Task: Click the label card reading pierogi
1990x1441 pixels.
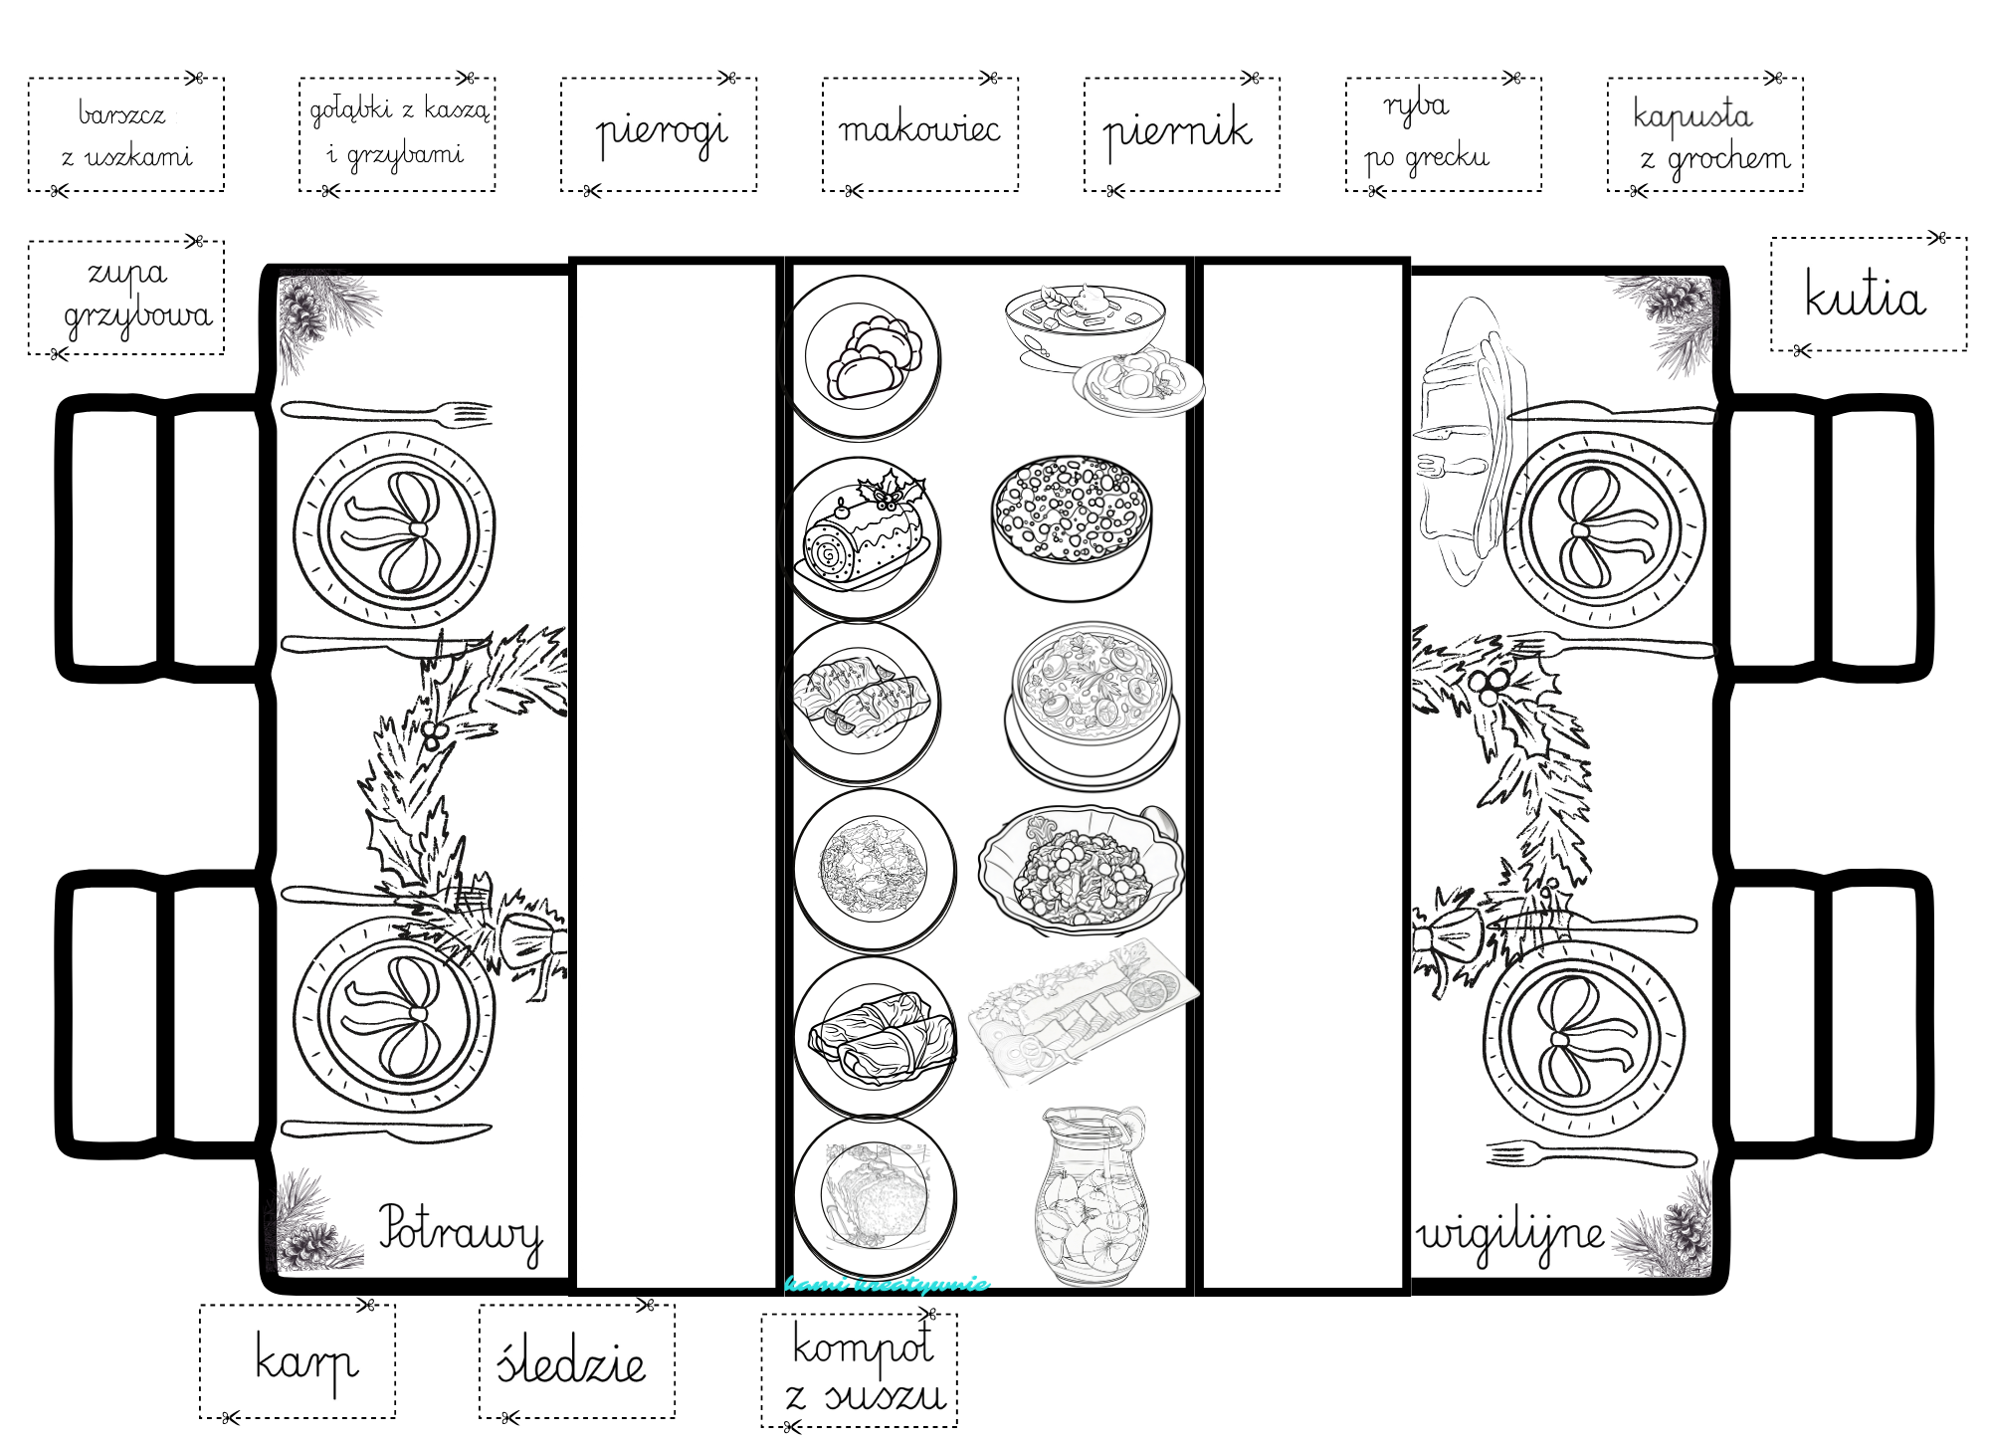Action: coord(659,134)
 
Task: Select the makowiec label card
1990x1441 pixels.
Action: coord(920,134)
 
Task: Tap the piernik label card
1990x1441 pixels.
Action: coord(1181,134)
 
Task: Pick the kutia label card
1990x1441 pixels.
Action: coord(1868,295)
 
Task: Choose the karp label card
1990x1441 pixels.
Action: coord(298,1361)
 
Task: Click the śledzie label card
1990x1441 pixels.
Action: coord(576,1361)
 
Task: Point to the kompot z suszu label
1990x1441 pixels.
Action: coord(860,1370)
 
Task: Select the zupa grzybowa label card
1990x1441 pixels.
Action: coord(126,298)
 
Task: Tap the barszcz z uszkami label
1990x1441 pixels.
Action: coord(126,134)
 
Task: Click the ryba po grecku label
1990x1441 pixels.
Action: coord(1443,134)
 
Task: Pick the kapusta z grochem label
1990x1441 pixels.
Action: coord(1704,134)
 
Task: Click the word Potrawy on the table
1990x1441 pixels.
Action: coord(460,1234)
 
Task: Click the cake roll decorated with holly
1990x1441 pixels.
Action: coord(867,532)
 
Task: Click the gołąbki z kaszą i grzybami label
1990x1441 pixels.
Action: coord(397,134)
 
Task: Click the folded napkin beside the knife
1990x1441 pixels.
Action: coord(1468,443)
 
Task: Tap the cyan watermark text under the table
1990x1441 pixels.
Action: coord(887,1284)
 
